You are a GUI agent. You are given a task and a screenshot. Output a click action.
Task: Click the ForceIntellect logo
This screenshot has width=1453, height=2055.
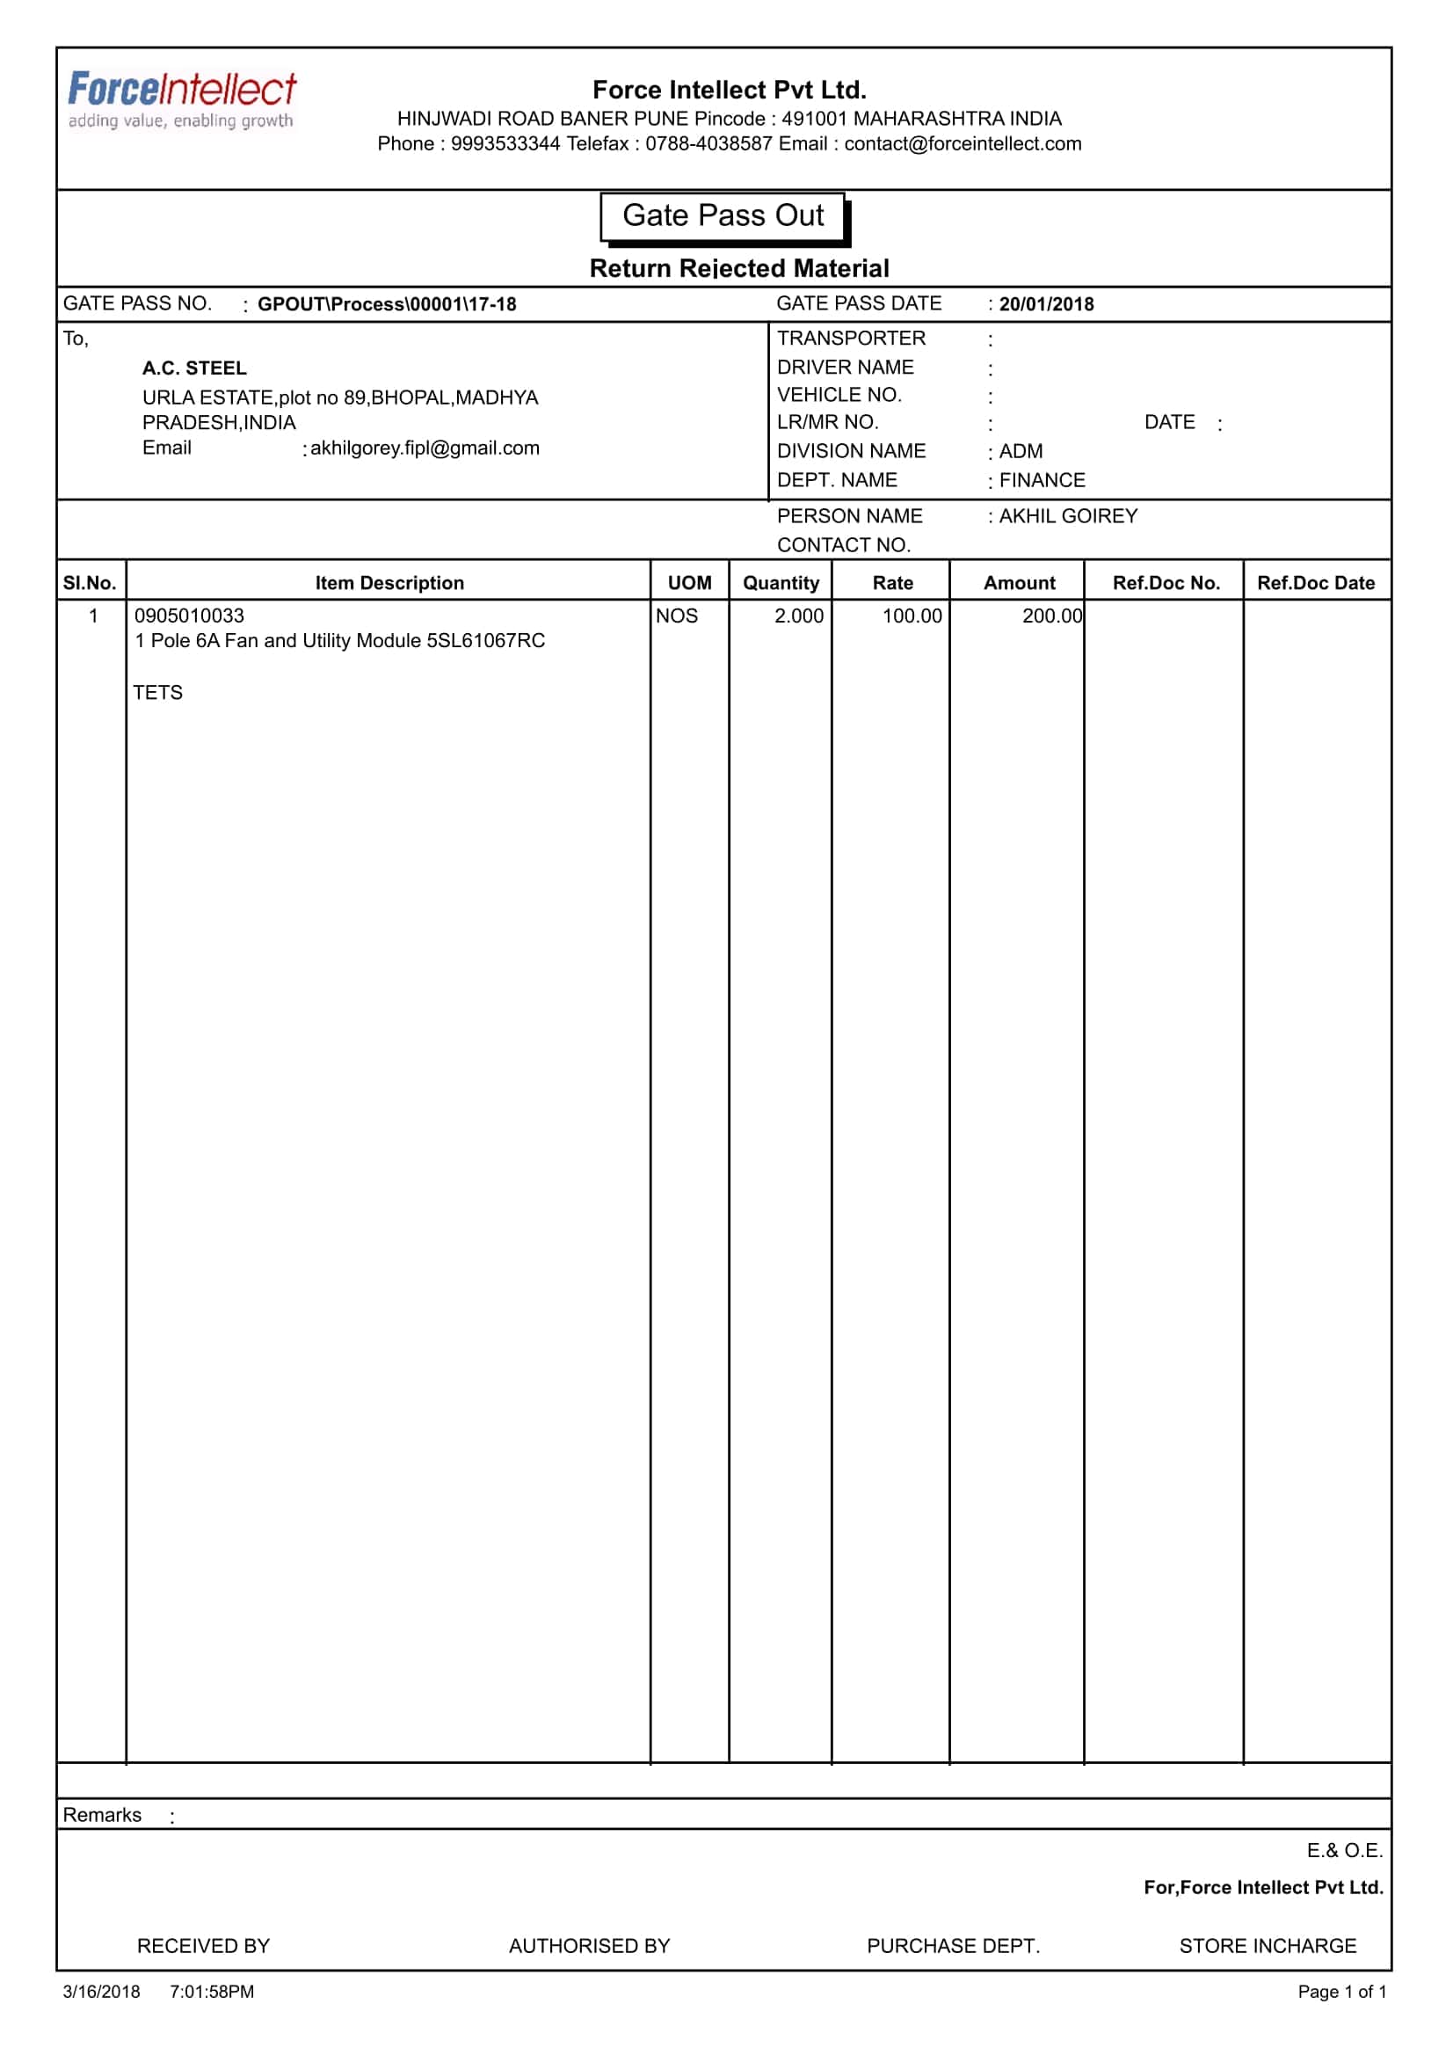click(x=182, y=99)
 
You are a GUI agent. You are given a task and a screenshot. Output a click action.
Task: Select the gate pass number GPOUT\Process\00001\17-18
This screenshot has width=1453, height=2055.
click(x=387, y=304)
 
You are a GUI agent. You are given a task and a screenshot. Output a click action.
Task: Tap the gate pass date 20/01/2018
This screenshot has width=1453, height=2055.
click(x=1046, y=304)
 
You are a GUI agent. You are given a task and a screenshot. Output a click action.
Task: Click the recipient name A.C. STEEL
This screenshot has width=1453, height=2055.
click(x=194, y=368)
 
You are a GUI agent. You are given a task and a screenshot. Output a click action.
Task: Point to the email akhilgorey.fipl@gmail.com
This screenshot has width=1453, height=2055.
click(x=424, y=448)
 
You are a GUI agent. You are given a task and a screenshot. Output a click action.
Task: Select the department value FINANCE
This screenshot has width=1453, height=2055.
click(x=1042, y=480)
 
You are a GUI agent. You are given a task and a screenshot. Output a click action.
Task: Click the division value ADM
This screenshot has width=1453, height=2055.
click(x=1020, y=451)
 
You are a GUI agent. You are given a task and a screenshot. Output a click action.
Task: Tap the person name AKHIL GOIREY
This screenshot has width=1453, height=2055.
click(x=1067, y=515)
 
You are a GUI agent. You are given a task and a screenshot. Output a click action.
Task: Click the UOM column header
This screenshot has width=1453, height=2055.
click(x=689, y=583)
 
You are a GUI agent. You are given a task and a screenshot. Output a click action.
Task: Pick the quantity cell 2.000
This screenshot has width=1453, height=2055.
click(x=798, y=616)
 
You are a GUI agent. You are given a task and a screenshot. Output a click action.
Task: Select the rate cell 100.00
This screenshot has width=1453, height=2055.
click(x=912, y=616)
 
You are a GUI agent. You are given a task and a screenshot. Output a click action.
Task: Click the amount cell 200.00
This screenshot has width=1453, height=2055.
click(x=1051, y=616)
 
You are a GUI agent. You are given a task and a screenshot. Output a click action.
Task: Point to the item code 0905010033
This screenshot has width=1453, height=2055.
click(x=189, y=616)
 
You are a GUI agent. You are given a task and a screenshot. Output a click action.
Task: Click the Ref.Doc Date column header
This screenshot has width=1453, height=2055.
click(x=1315, y=583)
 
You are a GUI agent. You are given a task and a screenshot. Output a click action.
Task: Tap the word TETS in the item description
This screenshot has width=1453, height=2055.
click(x=157, y=693)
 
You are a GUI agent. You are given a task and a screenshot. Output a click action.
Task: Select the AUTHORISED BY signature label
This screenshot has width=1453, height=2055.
click(x=589, y=1946)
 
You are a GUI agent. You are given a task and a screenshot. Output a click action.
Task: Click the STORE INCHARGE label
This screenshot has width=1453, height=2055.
click(x=1267, y=1946)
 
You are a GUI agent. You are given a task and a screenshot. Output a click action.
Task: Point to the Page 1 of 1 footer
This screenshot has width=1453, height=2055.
click(x=1341, y=1992)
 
